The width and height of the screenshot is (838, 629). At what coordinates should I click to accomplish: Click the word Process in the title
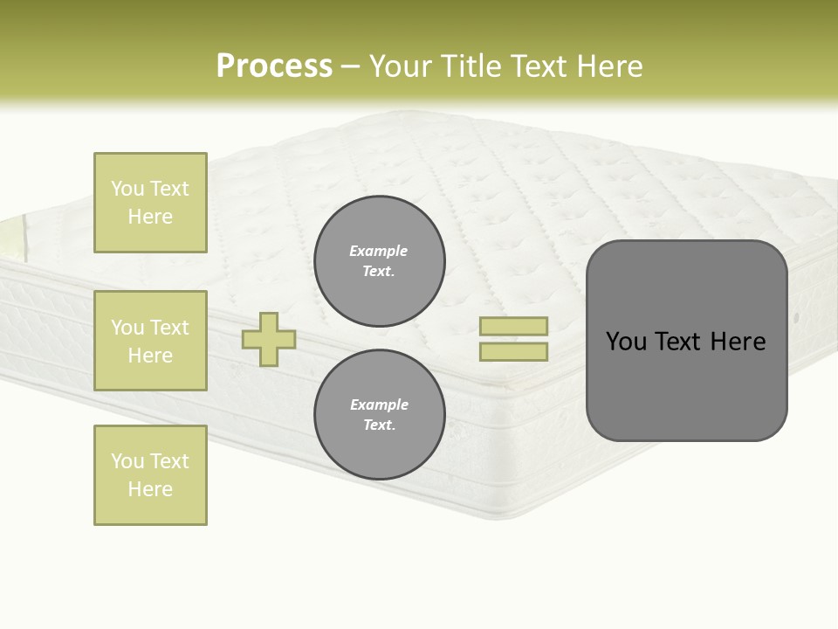coord(274,66)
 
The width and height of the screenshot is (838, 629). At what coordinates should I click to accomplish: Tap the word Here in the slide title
coord(610,66)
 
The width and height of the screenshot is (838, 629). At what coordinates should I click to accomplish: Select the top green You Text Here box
coord(150,203)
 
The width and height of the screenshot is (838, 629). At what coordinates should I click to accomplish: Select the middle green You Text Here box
coord(150,341)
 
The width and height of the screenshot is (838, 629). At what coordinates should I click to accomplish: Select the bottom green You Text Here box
coord(150,475)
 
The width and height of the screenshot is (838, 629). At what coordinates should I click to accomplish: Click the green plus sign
coord(269,339)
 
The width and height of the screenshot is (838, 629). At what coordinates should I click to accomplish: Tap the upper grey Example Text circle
coord(379,261)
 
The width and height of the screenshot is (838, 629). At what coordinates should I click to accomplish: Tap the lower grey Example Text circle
coord(379,415)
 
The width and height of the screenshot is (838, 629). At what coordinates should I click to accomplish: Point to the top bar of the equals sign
coord(513,326)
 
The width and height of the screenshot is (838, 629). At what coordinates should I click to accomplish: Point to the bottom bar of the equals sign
coord(513,351)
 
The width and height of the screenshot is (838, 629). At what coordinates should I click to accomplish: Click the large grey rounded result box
coord(686,384)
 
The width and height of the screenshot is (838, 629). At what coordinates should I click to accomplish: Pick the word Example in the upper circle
coord(378,251)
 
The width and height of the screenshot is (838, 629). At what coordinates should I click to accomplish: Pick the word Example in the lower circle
coord(378,404)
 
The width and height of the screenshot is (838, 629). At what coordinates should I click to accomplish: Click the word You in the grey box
coord(625,342)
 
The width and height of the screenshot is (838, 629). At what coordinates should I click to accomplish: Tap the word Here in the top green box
coord(150,217)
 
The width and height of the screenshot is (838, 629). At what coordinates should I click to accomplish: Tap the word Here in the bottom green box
coord(150,489)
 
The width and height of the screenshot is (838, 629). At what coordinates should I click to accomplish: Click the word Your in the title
coord(400,66)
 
